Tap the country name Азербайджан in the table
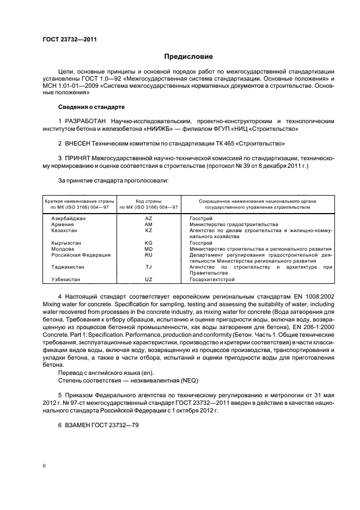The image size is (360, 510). pyautogui.click(x=68, y=218)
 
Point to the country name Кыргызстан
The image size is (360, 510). pyautogui.click(x=66, y=242)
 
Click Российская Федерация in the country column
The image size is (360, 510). pyautogui.click(x=81, y=254)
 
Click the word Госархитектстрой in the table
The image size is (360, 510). pyautogui.click(x=212, y=280)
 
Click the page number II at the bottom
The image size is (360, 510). pyautogui.click(x=44, y=466)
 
